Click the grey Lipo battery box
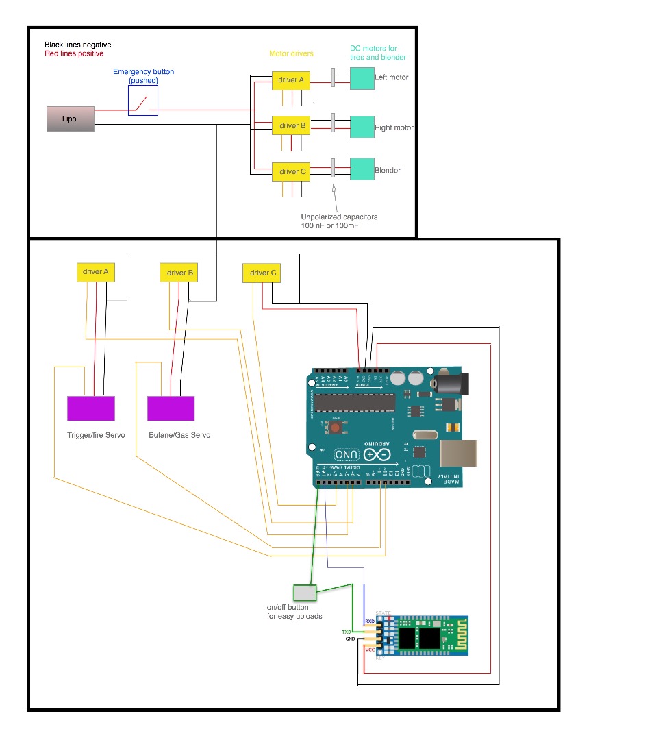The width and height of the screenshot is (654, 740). (70, 119)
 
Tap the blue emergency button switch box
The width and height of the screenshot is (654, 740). (144, 102)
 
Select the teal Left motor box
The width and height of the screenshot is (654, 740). (362, 78)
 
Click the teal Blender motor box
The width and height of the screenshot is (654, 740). (362, 169)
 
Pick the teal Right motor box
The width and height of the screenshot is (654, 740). (362, 127)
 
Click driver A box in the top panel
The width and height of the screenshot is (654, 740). (291, 80)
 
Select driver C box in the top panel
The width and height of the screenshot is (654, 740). (291, 171)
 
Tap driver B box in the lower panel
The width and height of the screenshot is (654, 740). (180, 273)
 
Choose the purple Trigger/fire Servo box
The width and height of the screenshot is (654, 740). (91, 408)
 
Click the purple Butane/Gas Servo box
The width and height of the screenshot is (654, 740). (171, 408)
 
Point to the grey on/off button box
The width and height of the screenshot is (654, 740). (304, 593)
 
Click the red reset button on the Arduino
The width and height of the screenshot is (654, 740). (336, 428)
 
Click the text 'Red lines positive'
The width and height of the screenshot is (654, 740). (74, 53)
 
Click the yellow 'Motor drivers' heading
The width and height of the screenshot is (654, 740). (291, 53)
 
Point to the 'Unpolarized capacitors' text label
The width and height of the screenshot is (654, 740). (339, 217)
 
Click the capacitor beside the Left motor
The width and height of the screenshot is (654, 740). (333, 77)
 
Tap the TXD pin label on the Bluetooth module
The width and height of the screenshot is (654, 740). (347, 631)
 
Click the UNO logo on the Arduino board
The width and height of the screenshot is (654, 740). (345, 454)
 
